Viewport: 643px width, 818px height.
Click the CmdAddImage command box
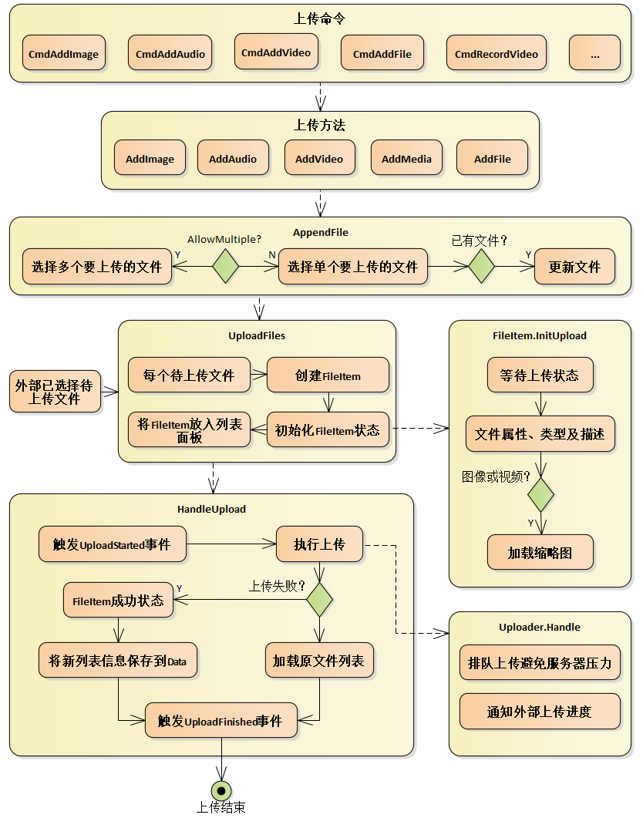click(x=63, y=53)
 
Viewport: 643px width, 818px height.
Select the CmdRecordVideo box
click(x=496, y=53)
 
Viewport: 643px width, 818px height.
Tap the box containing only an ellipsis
click(x=594, y=53)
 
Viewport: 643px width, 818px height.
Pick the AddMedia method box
click(x=406, y=159)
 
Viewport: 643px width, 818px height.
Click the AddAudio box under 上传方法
click(x=233, y=159)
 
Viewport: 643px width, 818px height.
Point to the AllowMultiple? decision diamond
click(x=226, y=266)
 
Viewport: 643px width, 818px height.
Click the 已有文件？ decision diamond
click(x=481, y=266)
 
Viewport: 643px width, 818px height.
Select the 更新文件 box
click(x=574, y=267)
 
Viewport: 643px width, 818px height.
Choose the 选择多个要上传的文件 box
click(x=97, y=267)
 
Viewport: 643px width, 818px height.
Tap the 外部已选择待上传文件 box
click(x=54, y=391)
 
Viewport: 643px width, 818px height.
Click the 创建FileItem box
click(x=328, y=375)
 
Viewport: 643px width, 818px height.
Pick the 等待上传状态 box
click(x=540, y=375)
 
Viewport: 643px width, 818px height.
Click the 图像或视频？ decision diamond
click(x=540, y=494)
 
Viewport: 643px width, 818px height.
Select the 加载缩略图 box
click(x=540, y=552)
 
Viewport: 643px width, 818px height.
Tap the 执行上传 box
click(x=319, y=544)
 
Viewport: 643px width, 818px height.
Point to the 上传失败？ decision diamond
click(x=319, y=599)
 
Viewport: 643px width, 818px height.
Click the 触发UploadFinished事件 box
click(x=221, y=721)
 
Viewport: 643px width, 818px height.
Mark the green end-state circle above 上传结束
click(x=221, y=790)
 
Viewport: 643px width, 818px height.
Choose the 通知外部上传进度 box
click(x=540, y=711)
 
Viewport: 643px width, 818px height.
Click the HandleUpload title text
click(x=211, y=509)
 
